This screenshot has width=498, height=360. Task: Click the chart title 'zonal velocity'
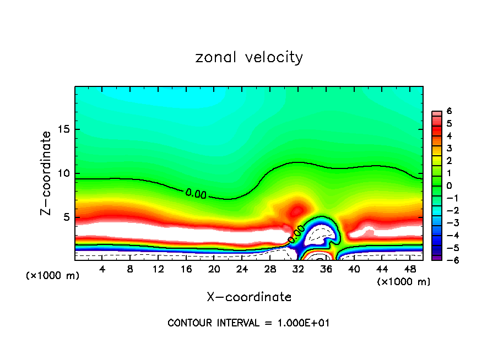pos(249,57)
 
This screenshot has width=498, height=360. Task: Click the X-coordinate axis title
pos(249,297)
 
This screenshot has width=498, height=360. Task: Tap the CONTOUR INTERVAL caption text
pos(248,323)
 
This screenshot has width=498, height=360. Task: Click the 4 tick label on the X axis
pos(102,269)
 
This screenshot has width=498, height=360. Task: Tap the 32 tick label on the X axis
pos(298,269)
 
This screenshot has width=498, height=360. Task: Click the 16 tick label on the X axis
pos(186,269)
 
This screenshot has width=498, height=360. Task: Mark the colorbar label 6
pos(449,111)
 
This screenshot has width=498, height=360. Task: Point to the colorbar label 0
pos(449,186)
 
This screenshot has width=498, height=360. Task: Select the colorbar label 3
pos(449,148)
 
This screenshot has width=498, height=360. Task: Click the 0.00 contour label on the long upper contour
pos(197,193)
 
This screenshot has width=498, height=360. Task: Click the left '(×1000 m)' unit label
pos(52,276)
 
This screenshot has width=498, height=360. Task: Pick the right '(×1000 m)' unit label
pos(404,282)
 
